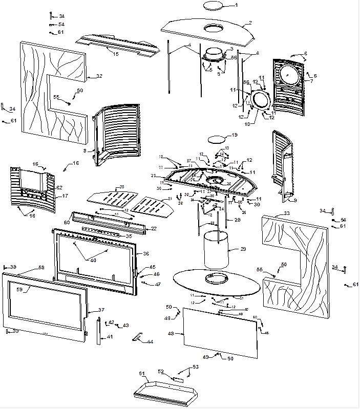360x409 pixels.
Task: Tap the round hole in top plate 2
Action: point(213,28)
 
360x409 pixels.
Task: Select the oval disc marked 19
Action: point(217,138)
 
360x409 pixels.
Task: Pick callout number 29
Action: point(243,249)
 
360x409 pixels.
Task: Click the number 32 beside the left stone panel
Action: point(99,76)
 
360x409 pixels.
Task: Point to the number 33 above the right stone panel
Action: point(286,213)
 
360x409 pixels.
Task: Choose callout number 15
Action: point(116,53)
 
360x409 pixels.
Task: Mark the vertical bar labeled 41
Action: point(98,332)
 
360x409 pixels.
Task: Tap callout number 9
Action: point(295,200)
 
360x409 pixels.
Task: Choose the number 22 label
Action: point(153,228)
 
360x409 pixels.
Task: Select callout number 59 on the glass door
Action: point(19,290)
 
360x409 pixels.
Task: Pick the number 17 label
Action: point(65,196)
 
